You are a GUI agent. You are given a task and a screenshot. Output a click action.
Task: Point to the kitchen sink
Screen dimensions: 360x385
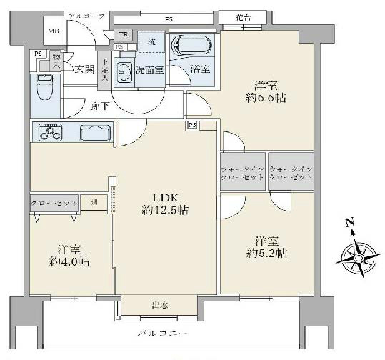(94, 134)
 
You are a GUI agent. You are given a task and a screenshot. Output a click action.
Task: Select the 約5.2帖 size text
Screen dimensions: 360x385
(268, 252)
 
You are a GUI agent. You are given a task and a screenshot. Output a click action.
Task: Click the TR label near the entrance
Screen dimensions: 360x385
(122, 34)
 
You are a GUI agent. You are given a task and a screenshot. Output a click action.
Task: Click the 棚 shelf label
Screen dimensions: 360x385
(94, 202)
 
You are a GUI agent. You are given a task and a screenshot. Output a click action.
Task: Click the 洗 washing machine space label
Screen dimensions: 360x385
(151, 41)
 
